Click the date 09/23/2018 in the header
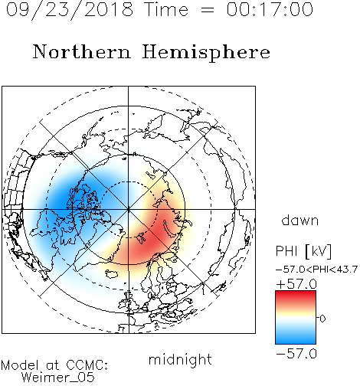point(70,9)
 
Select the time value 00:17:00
point(270,9)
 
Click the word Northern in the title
point(82,51)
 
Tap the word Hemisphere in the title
point(206,52)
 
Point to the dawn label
point(300,220)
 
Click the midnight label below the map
point(180,359)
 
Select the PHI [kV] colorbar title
point(303,250)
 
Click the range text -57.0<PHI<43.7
point(316,270)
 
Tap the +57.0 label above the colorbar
point(296,284)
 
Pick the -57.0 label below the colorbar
point(296,354)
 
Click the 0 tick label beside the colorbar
point(322,319)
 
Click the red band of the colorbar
point(296,296)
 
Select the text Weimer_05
point(58,377)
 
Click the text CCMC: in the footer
point(87,365)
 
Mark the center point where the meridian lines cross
point(128,209)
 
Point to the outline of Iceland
point(112,273)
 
